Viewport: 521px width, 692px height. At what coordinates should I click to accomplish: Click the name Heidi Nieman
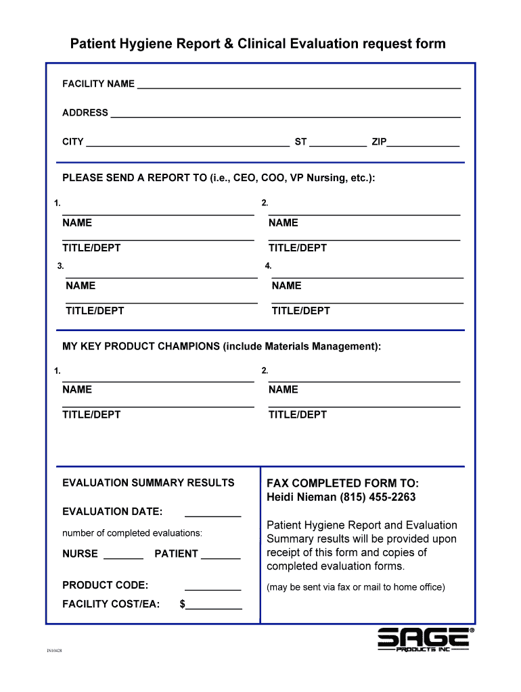301,497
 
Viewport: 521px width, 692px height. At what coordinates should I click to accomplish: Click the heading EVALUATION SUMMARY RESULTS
148,483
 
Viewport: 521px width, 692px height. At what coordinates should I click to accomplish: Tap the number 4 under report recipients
268,266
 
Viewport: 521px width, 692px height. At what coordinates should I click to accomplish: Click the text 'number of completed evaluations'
132,533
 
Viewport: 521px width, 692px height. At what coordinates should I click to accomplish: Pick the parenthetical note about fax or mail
356,587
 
